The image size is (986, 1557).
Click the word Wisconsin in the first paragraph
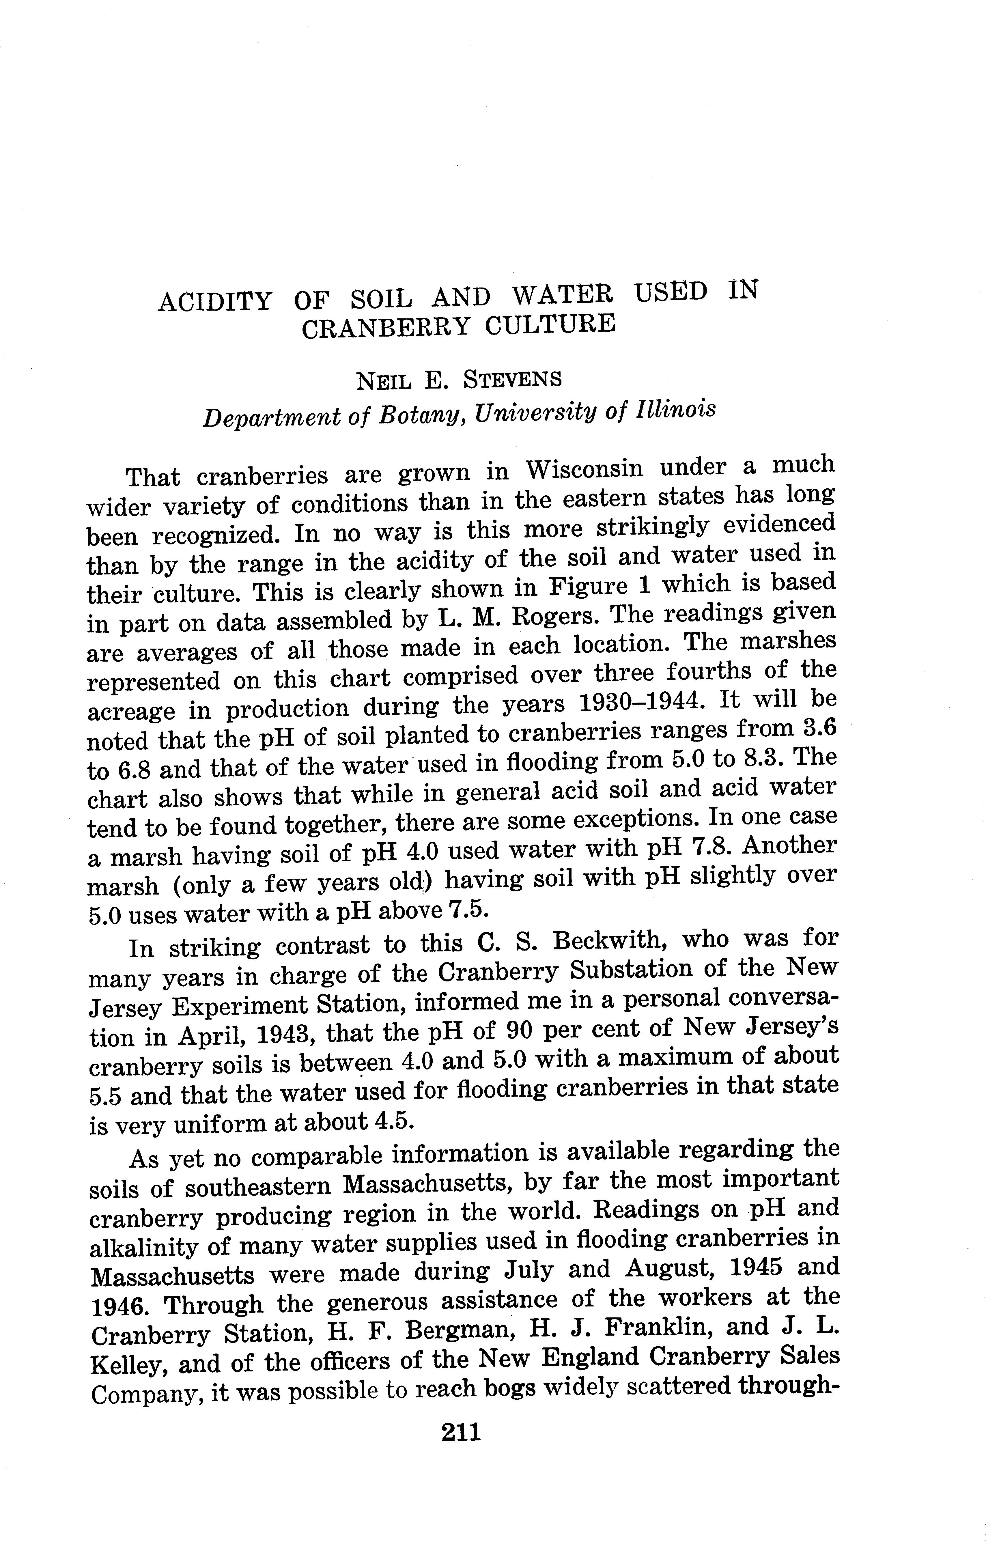coord(585,469)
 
